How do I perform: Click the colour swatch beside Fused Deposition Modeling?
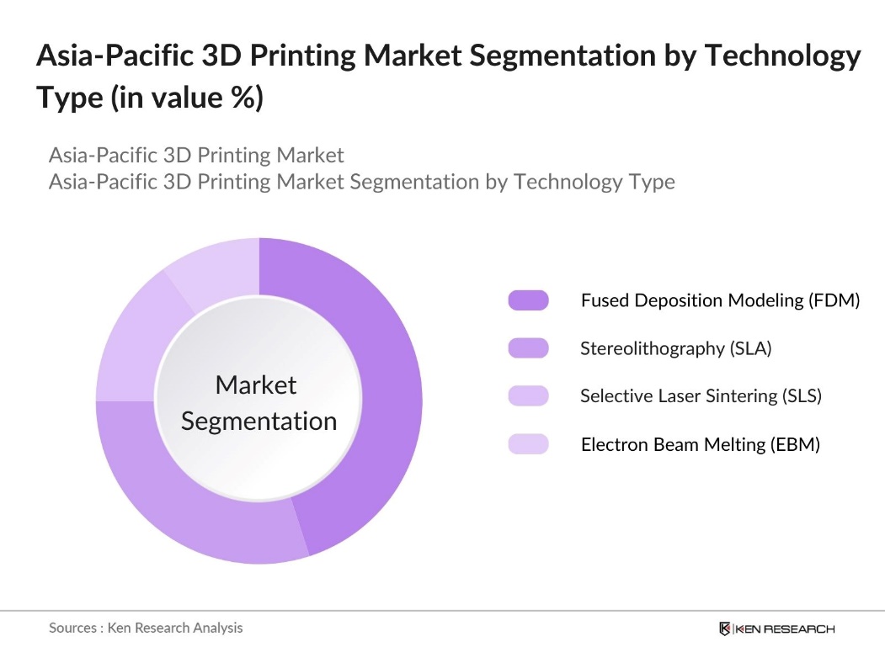point(528,300)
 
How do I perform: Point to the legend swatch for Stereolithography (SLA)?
point(528,348)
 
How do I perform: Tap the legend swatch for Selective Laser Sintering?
point(528,396)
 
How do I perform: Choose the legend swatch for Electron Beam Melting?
point(528,444)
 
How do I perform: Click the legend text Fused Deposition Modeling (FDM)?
point(720,300)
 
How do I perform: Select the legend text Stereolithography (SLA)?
point(675,348)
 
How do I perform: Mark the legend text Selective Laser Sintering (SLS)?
point(701,396)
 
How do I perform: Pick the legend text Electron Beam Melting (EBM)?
point(700,444)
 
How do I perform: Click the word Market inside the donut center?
point(256,385)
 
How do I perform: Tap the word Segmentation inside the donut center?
point(259,421)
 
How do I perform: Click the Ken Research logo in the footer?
point(776,629)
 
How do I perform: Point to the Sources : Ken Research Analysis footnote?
point(146,628)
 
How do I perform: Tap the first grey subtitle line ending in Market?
point(196,155)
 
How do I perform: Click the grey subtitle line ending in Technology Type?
point(361,181)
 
